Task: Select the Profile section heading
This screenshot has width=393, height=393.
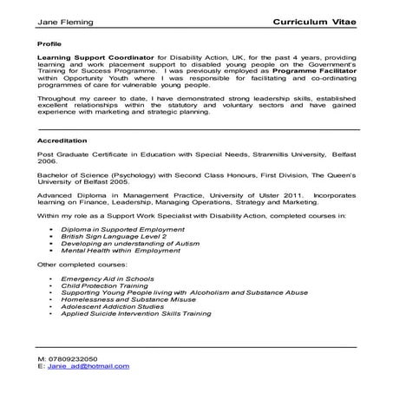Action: click(50, 42)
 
